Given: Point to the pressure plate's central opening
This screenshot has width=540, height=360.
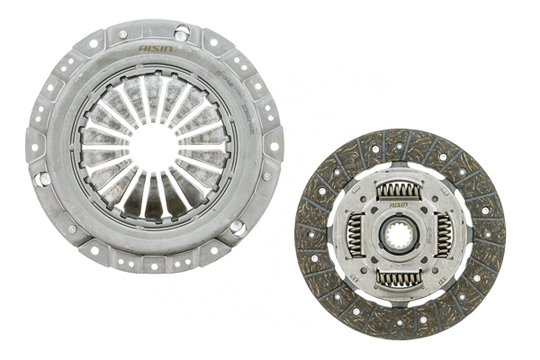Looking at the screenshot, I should tap(153, 144).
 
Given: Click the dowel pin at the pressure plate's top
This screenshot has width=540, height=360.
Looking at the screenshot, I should tap(182, 33).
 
